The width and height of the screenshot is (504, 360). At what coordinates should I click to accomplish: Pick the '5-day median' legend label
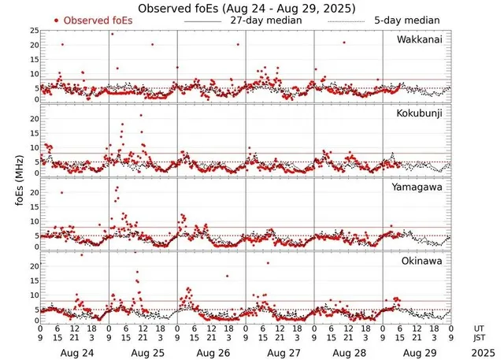[x=406, y=20]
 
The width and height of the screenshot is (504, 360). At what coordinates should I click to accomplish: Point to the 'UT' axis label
[x=478, y=328]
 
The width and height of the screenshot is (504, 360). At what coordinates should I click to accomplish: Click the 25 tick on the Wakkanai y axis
[x=34, y=31]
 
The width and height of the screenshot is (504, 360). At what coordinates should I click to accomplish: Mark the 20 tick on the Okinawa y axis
[x=34, y=266]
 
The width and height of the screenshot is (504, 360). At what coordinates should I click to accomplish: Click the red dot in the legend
[x=57, y=20]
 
